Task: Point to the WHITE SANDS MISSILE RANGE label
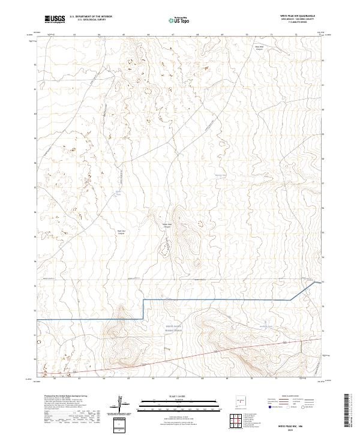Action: tap(173, 328)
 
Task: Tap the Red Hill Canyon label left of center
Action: tap(122, 232)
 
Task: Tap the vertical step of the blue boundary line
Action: tap(143, 308)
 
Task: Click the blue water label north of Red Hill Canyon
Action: tap(118, 193)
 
